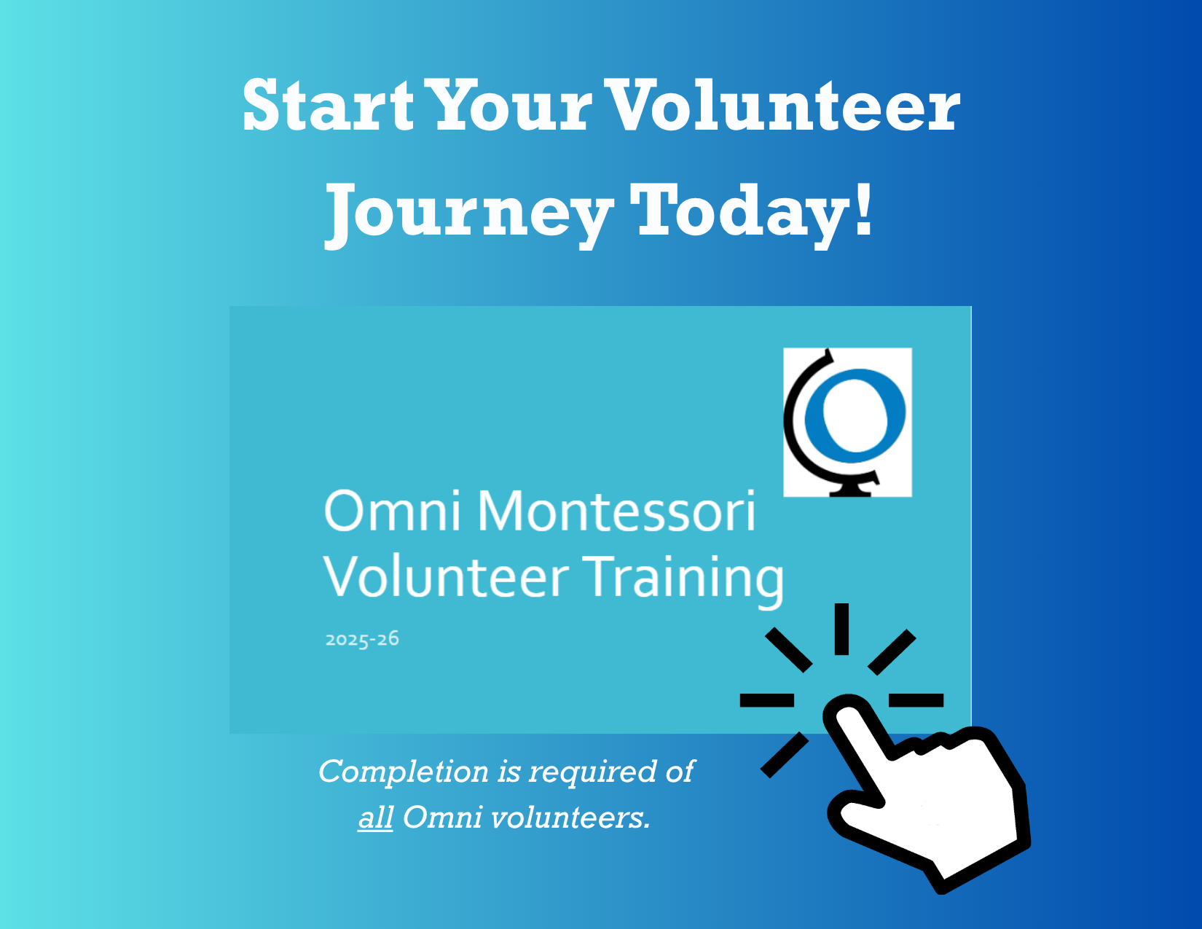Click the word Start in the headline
coord(328,105)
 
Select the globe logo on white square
coord(847,422)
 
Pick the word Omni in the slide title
coord(393,511)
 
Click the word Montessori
coord(616,511)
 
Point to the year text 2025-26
coord(362,640)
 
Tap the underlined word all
coord(376,818)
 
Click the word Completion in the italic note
coord(404,772)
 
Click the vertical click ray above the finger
coord(841,629)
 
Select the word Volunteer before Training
coord(447,578)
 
